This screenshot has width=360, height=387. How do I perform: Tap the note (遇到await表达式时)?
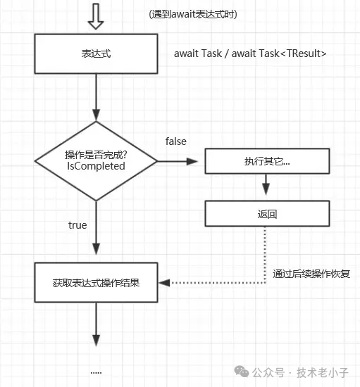coord(193,14)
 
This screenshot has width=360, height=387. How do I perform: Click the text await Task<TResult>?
coord(279,53)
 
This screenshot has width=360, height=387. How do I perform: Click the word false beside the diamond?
coord(176,141)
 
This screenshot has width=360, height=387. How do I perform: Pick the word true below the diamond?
coord(77,225)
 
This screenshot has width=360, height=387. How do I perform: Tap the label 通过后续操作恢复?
coord(311,274)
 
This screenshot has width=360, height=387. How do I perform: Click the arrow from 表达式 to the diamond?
coord(96,97)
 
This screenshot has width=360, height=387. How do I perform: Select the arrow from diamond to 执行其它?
coord(178,161)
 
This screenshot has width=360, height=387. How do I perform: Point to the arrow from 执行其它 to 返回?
coord(266,184)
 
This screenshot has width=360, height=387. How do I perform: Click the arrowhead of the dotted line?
coord(164,283)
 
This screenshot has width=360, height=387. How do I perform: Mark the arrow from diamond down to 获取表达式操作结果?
coord(96,228)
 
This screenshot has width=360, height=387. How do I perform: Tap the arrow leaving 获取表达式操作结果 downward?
coord(96,324)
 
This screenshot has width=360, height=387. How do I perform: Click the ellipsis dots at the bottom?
coord(96,372)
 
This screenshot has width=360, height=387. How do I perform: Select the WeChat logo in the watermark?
coord(242,372)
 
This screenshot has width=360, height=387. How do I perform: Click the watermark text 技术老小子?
coord(323,372)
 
